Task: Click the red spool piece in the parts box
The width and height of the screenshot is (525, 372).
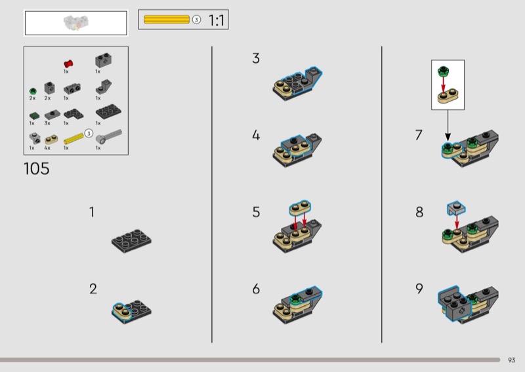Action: (x=68, y=64)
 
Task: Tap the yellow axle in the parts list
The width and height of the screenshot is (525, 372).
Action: (x=73, y=139)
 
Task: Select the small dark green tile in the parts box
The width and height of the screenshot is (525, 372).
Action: (x=34, y=116)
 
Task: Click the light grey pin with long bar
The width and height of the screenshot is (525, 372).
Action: (x=109, y=136)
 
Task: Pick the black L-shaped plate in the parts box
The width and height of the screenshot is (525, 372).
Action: (x=73, y=114)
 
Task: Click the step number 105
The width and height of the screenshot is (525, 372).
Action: (x=37, y=169)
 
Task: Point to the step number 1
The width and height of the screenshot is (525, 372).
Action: (x=92, y=212)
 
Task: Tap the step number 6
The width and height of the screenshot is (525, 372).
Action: (x=256, y=289)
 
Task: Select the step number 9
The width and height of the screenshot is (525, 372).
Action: (x=419, y=288)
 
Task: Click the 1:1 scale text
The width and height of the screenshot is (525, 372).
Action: (x=217, y=20)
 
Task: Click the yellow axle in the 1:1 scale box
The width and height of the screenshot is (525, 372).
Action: (x=167, y=20)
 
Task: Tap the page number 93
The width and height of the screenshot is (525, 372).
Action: (x=511, y=360)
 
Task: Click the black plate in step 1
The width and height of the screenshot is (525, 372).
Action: (x=131, y=240)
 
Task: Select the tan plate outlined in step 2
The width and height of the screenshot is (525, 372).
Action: (x=122, y=312)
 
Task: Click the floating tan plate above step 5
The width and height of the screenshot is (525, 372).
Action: (x=300, y=208)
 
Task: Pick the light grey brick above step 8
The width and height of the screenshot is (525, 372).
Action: (x=456, y=208)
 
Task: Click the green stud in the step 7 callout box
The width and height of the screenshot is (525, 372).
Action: (x=444, y=71)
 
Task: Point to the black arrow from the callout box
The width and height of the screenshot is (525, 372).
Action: (x=448, y=125)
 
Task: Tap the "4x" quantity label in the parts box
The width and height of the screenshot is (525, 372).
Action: (x=47, y=148)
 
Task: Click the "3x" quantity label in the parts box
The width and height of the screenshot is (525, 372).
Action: (x=47, y=123)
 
